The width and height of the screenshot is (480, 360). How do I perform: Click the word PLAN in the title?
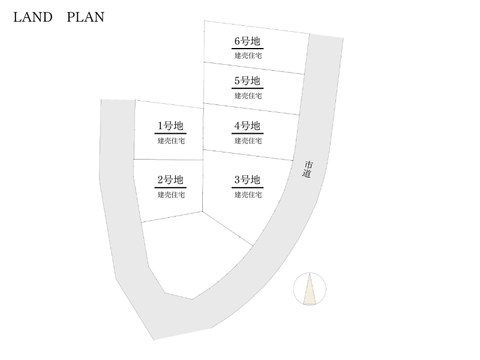85,17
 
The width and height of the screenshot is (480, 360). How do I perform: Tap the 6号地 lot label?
247,41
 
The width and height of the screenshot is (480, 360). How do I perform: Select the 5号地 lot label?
247,81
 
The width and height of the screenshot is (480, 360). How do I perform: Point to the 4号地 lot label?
247,126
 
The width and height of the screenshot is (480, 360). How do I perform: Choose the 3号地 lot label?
247,180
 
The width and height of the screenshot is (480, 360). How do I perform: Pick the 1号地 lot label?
170,126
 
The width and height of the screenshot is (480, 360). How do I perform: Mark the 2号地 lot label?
170,180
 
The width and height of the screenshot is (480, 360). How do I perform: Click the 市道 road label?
308,169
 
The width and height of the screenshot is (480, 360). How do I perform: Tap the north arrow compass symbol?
310,289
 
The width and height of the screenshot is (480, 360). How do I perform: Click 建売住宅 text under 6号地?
248,56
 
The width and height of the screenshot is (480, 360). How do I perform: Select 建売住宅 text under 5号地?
248,95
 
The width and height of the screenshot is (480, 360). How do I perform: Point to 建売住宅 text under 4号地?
248,141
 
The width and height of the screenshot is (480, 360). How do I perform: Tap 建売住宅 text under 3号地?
248,194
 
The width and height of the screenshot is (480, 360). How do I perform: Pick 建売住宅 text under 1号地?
171,141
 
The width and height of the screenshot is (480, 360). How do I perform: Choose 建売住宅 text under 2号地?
171,194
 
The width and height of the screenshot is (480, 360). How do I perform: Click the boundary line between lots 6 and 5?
254,68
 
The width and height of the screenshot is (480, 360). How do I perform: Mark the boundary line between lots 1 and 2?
168,160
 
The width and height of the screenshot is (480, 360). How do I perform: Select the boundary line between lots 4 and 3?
248,155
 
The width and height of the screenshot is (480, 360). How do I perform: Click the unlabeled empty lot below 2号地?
192,255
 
